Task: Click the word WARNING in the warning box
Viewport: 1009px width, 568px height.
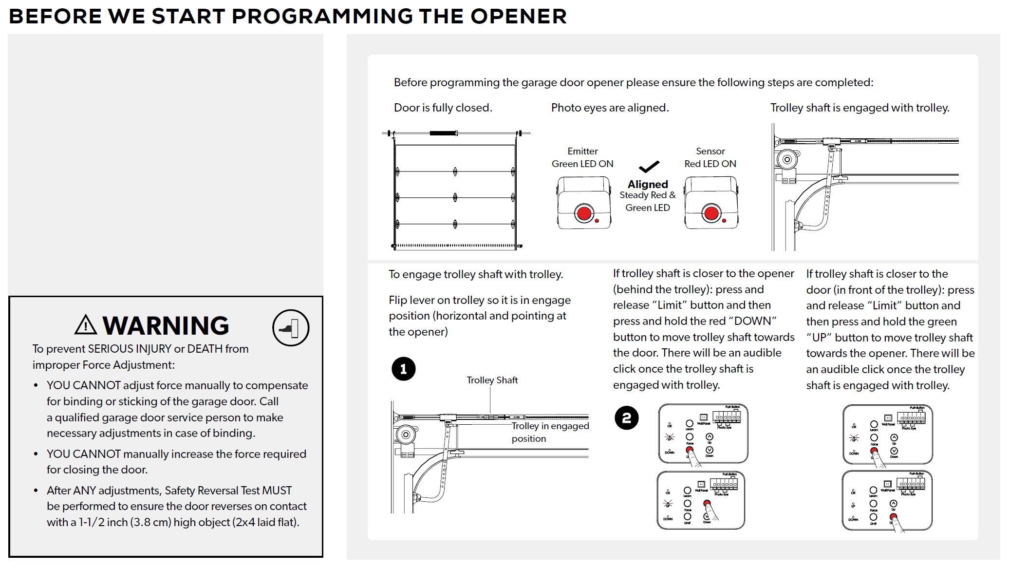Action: point(166,326)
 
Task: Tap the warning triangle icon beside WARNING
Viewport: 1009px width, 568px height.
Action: point(86,325)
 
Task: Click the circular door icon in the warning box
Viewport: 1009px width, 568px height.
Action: point(291,328)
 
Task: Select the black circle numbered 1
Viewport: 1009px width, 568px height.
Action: point(403,369)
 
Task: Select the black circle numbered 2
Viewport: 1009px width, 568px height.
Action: point(626,418)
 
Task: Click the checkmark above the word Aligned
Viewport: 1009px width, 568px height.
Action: point(649,167)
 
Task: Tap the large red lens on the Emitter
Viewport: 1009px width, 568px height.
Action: point(584,213)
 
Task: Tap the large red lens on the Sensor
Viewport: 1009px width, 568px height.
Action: point(711,213)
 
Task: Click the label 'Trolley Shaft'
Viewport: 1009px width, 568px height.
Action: point(492,380)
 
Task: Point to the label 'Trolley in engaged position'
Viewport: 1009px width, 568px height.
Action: point(550,432)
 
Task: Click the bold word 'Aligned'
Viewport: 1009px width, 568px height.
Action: point(648,184)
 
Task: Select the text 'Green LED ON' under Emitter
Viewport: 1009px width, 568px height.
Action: point(582,164)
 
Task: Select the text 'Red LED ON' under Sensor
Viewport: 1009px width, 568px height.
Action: point(710,164)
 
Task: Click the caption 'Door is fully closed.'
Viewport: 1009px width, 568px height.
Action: point(443,108)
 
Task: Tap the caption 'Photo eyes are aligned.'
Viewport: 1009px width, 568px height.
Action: point(610,108)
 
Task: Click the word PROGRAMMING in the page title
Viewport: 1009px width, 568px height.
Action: point(322,16)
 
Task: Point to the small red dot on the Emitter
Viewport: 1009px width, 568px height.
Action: point(597,221)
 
